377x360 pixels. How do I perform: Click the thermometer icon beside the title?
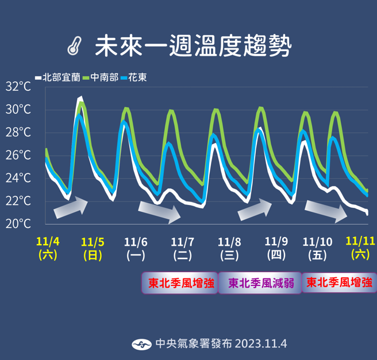point(73,47)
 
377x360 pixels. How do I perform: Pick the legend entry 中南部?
point(100,77)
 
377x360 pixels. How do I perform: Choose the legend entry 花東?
point(134,77)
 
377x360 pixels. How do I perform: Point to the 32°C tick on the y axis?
point(18,87)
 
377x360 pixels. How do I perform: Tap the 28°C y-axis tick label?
point(18,132)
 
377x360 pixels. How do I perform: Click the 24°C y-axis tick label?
point(18,178)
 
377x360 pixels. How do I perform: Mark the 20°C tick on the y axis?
point(18,223)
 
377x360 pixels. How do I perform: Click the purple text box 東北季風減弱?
point(261,282)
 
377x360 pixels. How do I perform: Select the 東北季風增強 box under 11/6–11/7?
point(180,282)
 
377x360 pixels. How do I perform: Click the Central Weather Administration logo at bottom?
point(141,344)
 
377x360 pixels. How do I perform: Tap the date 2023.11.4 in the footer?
point(260,344)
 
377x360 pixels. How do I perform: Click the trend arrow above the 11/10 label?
point(326,210)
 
